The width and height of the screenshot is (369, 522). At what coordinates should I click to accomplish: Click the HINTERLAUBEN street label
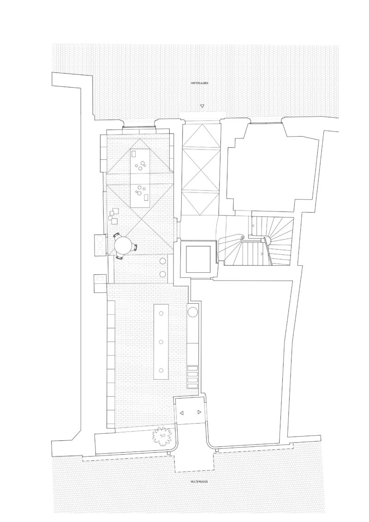(200, 83)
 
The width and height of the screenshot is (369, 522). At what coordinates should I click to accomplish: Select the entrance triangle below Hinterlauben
(202, 107)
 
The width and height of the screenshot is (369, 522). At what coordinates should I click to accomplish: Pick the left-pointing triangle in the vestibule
(182, 413)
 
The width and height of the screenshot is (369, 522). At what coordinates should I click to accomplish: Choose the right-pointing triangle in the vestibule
(199, 412)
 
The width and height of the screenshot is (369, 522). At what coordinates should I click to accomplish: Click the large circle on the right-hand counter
(193, 312)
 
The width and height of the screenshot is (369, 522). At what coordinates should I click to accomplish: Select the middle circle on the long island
(161, 342)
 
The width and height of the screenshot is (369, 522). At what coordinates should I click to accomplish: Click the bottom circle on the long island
(161, 370)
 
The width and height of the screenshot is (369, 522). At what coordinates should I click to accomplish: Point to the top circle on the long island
(161, 313)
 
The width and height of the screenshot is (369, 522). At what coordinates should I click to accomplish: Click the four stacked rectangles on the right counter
(193, 377)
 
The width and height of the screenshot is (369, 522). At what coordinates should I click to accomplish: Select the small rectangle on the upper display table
(134, 154)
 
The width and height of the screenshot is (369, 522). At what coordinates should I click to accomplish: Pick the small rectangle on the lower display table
(145, 198)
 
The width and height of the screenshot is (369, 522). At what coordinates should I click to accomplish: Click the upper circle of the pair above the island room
(163, 261)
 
